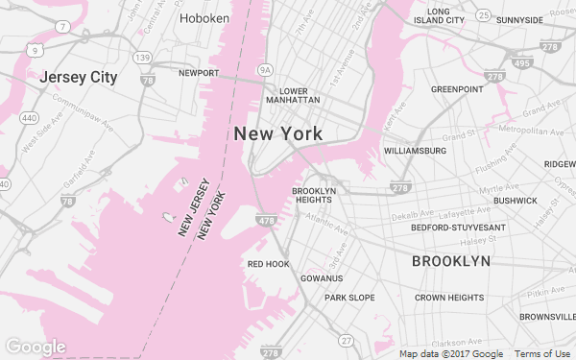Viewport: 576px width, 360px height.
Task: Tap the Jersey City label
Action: pos(77,77)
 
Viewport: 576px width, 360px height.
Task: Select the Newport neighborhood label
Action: pos(199,72)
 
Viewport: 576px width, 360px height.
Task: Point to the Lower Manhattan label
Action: pos(293,95)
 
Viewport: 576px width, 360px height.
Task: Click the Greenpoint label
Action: pos(457,89)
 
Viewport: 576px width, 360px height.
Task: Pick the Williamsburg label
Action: pos(415,151)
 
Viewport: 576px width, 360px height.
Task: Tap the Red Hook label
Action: pos(268,263)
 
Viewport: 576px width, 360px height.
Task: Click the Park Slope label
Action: pos(348,298)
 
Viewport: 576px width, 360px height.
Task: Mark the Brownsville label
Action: pos(547,317)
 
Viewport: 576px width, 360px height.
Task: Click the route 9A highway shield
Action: pos(266,69)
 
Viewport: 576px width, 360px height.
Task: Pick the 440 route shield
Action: pos(29,118)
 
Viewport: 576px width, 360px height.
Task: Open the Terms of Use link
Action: pos(543,353)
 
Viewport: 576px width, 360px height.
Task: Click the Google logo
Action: pos(36,347)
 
